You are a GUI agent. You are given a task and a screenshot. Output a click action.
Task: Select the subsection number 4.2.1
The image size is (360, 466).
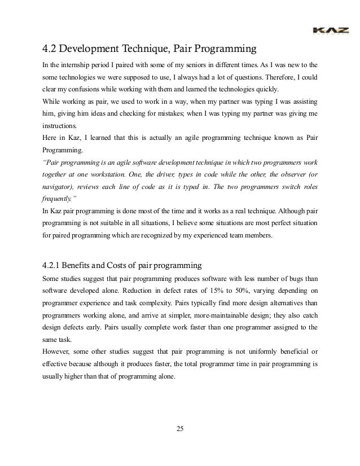click(x=54, y=265)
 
